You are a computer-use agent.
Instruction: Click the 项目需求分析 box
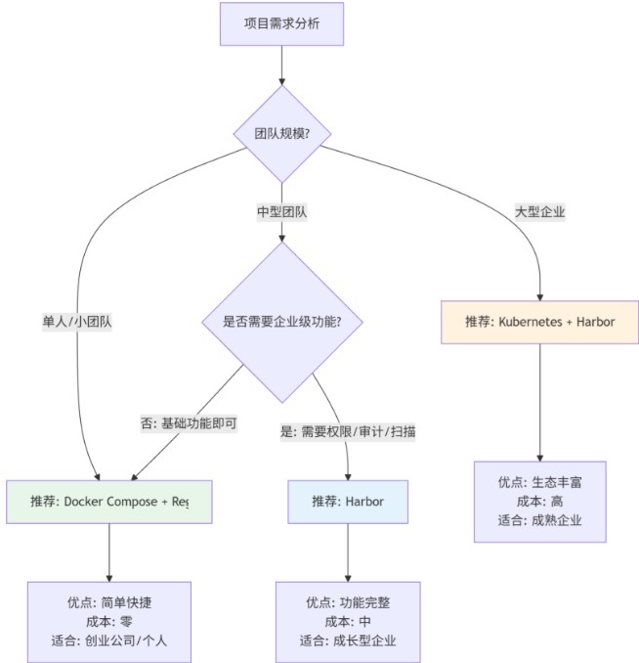281,22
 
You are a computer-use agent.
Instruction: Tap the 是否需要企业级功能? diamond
282,321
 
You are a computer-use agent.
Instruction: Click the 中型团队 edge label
281,211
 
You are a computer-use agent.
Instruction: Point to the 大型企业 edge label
540,211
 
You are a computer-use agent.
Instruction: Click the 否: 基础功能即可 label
189,424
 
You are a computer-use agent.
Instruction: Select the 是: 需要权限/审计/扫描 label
348,430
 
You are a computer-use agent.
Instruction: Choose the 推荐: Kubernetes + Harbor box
540,321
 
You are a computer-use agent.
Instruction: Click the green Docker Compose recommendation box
108,502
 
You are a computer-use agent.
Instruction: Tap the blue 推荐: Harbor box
348,502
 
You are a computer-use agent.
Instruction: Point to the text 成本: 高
540,501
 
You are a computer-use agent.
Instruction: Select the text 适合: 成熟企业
540,521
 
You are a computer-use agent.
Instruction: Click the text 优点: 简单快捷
108,601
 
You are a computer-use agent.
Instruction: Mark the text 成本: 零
108,622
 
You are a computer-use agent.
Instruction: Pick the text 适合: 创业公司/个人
108,642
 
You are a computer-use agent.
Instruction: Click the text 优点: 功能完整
348,601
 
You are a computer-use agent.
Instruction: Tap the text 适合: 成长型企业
348,642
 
